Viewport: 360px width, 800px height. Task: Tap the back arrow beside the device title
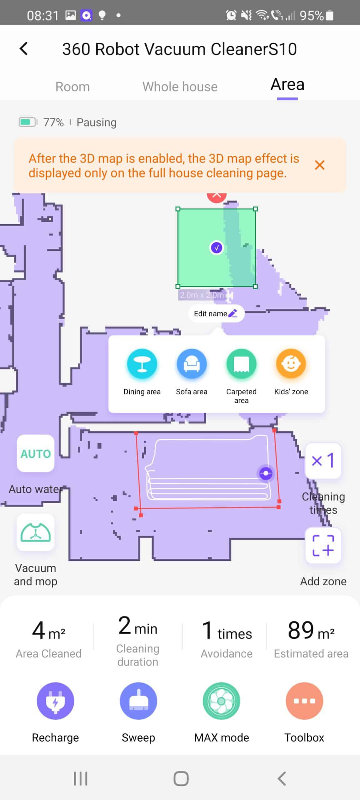click(24, 49)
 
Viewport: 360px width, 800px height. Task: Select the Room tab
click(72, 87)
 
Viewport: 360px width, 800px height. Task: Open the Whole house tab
click(180, 87)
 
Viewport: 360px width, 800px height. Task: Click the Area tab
click(287, 85)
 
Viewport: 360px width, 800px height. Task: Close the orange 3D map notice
click(319, 165)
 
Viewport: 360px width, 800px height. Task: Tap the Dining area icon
click(142, 364)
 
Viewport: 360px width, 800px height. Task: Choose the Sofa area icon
click(192, 364)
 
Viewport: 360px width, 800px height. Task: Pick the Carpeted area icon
click(241, 364)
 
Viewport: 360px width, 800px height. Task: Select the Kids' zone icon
click(291, 364)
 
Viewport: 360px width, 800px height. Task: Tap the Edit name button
click(216, 313)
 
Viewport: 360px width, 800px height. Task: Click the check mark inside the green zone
click(217, 248)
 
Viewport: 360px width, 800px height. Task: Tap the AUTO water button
click(36, 453)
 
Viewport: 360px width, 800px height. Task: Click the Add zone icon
click(323, 545)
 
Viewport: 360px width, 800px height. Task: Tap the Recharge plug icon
click(55, 701)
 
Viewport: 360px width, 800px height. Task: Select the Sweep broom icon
click(138, 701)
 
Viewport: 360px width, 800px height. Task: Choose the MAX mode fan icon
click(222, 701)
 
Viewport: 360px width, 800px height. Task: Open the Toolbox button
click(304, 701)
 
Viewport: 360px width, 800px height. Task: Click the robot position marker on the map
click(266, 473)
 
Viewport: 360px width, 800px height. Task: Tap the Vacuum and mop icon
click(36, 532)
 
